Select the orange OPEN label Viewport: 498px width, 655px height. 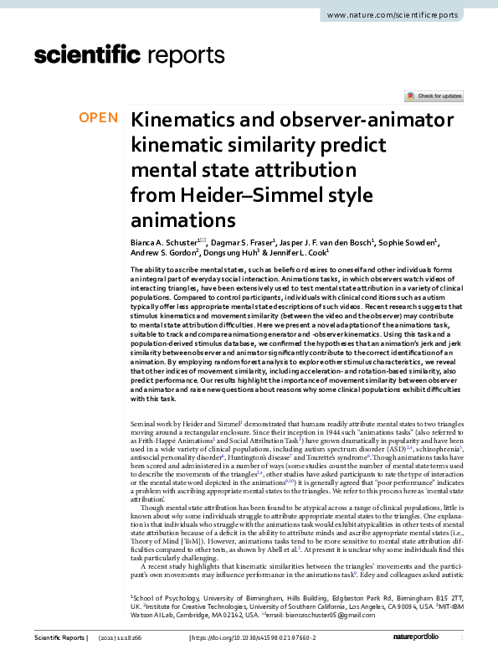tap(99, 118)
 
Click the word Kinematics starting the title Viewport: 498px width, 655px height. tap(185, 119)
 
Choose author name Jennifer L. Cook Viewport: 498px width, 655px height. tap(297, 253)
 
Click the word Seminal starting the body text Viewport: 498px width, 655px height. tap(147, 425)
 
